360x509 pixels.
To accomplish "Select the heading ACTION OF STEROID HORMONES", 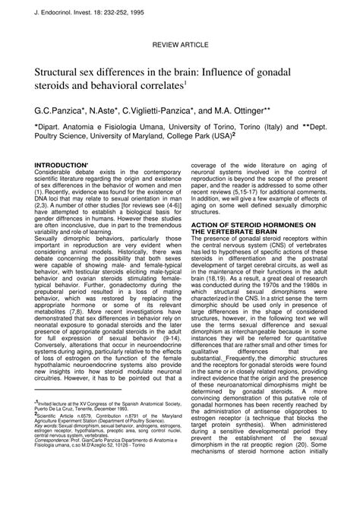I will [250, 226].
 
